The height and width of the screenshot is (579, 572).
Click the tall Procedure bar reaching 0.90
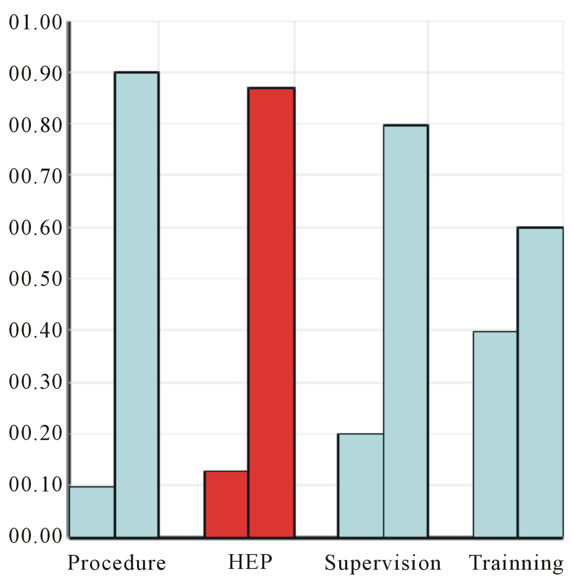pos(137,304)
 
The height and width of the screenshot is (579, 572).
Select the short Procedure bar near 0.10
pos(92,512)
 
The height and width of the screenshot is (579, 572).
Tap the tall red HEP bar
pos(272,312)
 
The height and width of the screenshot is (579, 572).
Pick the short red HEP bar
pos(226,504)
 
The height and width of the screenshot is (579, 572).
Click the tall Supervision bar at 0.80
pos(405,331)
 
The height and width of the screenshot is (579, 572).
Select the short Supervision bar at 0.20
pos(361,485)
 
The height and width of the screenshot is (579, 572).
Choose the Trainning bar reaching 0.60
pos(540,382)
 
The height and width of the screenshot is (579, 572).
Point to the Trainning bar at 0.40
pos(495,434)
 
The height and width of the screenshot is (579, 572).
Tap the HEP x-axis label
pos(250,562)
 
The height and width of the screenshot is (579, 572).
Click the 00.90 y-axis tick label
pos(36,74)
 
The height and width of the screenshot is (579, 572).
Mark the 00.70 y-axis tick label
pos(36,176)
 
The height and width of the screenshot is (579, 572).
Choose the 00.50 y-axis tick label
pos(36,279)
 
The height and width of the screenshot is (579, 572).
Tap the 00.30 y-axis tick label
pos(36,381)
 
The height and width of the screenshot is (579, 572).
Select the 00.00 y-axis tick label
pos(36,535)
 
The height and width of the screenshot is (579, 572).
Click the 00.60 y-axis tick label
pos(36,228)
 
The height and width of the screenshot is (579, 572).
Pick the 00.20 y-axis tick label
pos(36,433)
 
